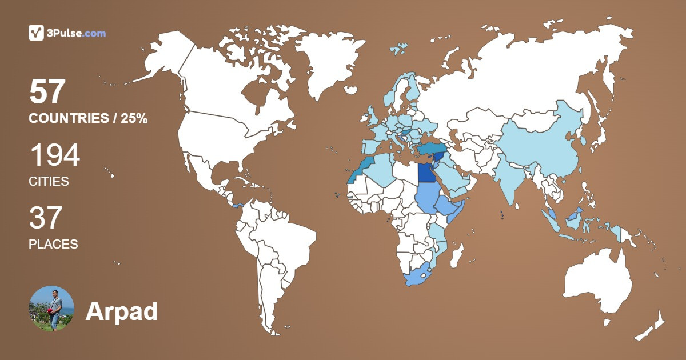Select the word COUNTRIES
pyautogui.click(x=69, y=119)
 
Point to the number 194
pyautogui.click(x=54, y=155)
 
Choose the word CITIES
pyautogui.click(x=49, y=182)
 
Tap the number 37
pyautogui.click(x=46, y=218)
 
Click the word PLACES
pyautogui.click(x=53, y=244)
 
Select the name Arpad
pyautogui.click(x=121, y=311)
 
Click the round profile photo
pyautogui.click(x=51, y=309)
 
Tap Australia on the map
pyautogui.click(x=597, y=286)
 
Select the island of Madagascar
pyautogui.click(x=457, y=254)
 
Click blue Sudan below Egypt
pyautogui.click(x=426, y=197)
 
